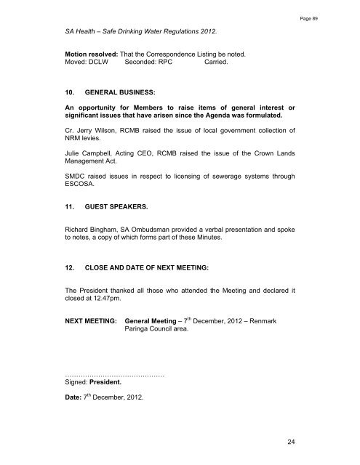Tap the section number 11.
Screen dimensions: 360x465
[71, 207]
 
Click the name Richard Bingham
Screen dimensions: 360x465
[91, 227]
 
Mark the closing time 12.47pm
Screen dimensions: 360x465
[108, 297]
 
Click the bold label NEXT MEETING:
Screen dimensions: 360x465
[90, 319]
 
